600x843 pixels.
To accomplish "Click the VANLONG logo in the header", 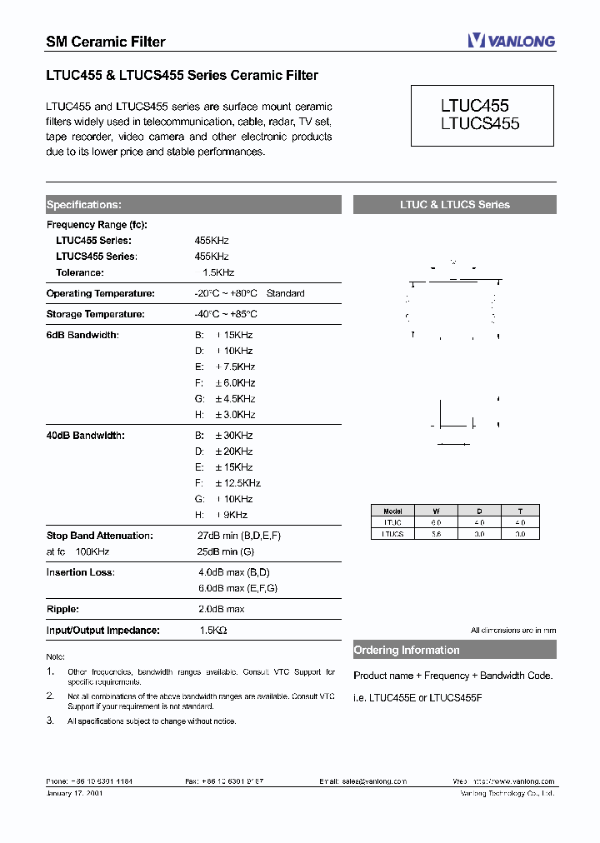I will [x=511, y=41].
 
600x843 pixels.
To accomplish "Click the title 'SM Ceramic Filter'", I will [x=105, y=42].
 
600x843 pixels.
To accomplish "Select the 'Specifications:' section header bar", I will [x=192, y=204].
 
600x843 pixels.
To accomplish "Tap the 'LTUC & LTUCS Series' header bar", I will [x=454, y=204].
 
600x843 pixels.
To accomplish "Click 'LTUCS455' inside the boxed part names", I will [x=479, y=123].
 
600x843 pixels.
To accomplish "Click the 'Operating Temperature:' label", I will [x=100, y=293].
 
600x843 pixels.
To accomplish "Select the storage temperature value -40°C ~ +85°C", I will [x=226, y=314].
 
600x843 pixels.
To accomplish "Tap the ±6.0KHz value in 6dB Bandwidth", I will [x=235, y=382].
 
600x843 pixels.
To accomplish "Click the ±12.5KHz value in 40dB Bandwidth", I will [x=237, y=483].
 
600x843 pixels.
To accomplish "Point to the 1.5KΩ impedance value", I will [x=213, y=631].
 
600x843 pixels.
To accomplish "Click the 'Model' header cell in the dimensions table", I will [x=392, y=511].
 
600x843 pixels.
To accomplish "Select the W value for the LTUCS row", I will [x=436, y=534].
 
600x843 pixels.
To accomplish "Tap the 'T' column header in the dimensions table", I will [x=519, y=511].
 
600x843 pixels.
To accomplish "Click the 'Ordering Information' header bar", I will [x=454, y=651].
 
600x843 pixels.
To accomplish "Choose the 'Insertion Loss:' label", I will [x=81, y=572].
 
